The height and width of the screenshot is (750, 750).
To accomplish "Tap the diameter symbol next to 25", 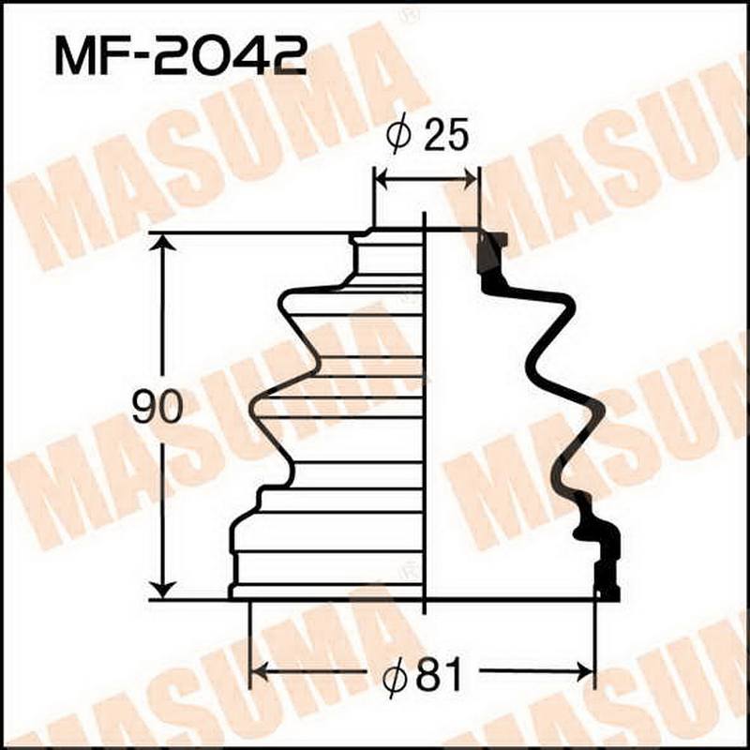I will (397, 137).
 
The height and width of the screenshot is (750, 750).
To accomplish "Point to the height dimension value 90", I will (156, 409).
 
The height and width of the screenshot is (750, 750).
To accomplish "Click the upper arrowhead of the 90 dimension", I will (163, 244).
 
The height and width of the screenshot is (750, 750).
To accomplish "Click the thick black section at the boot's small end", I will (489, 253).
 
